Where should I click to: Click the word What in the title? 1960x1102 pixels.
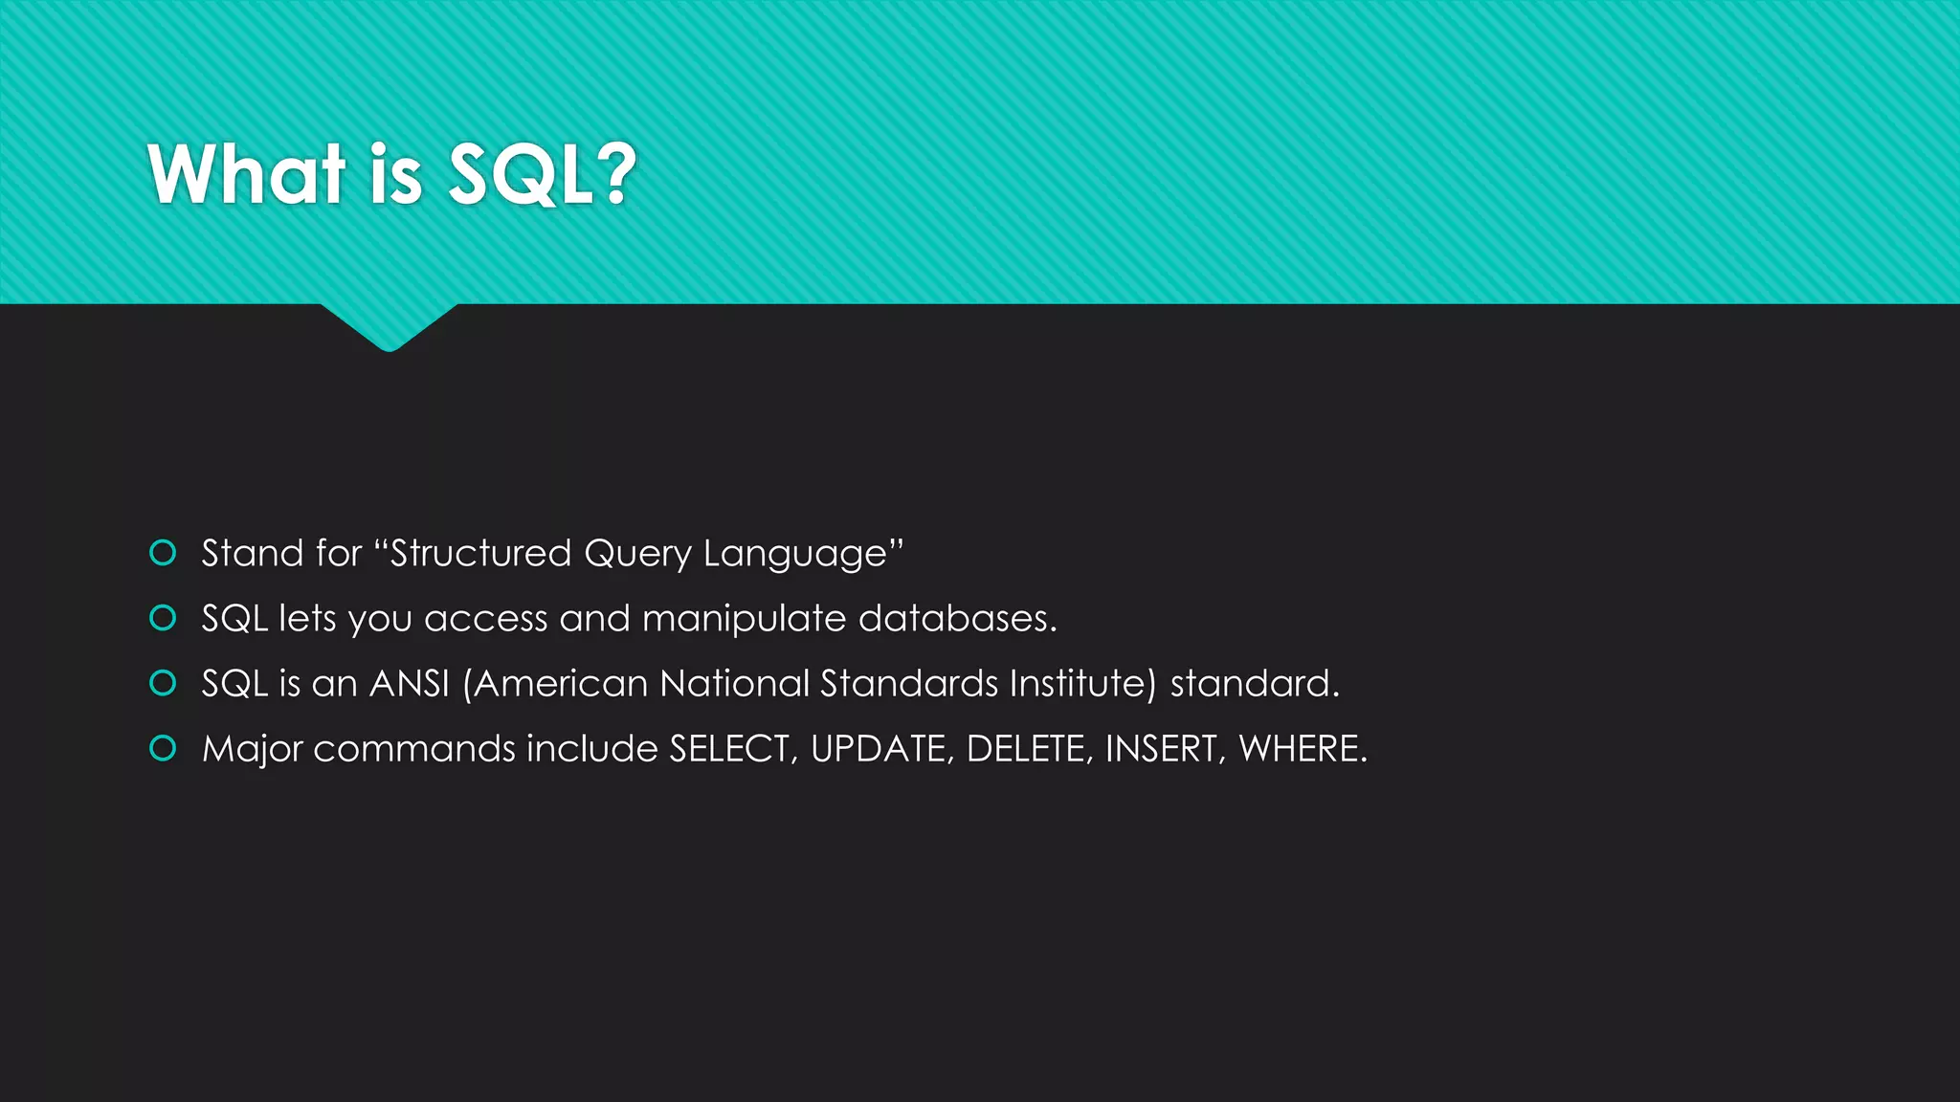click(246, 174)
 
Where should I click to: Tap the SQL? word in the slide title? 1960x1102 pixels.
click(542, 174)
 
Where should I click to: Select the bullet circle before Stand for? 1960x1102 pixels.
click(164, 553)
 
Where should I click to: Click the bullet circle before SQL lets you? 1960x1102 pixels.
click(164, 618)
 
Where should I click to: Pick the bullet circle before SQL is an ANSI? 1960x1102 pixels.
click(164, 683)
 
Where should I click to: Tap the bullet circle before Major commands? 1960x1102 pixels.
click(164, 748)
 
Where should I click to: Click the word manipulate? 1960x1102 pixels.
click(745, 619)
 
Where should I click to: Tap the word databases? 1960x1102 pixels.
click(956, 618)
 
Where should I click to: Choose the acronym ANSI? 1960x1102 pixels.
click(410, 683)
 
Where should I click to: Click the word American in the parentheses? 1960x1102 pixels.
click(561, 683)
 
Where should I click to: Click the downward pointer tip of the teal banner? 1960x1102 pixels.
click(389, 346)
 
